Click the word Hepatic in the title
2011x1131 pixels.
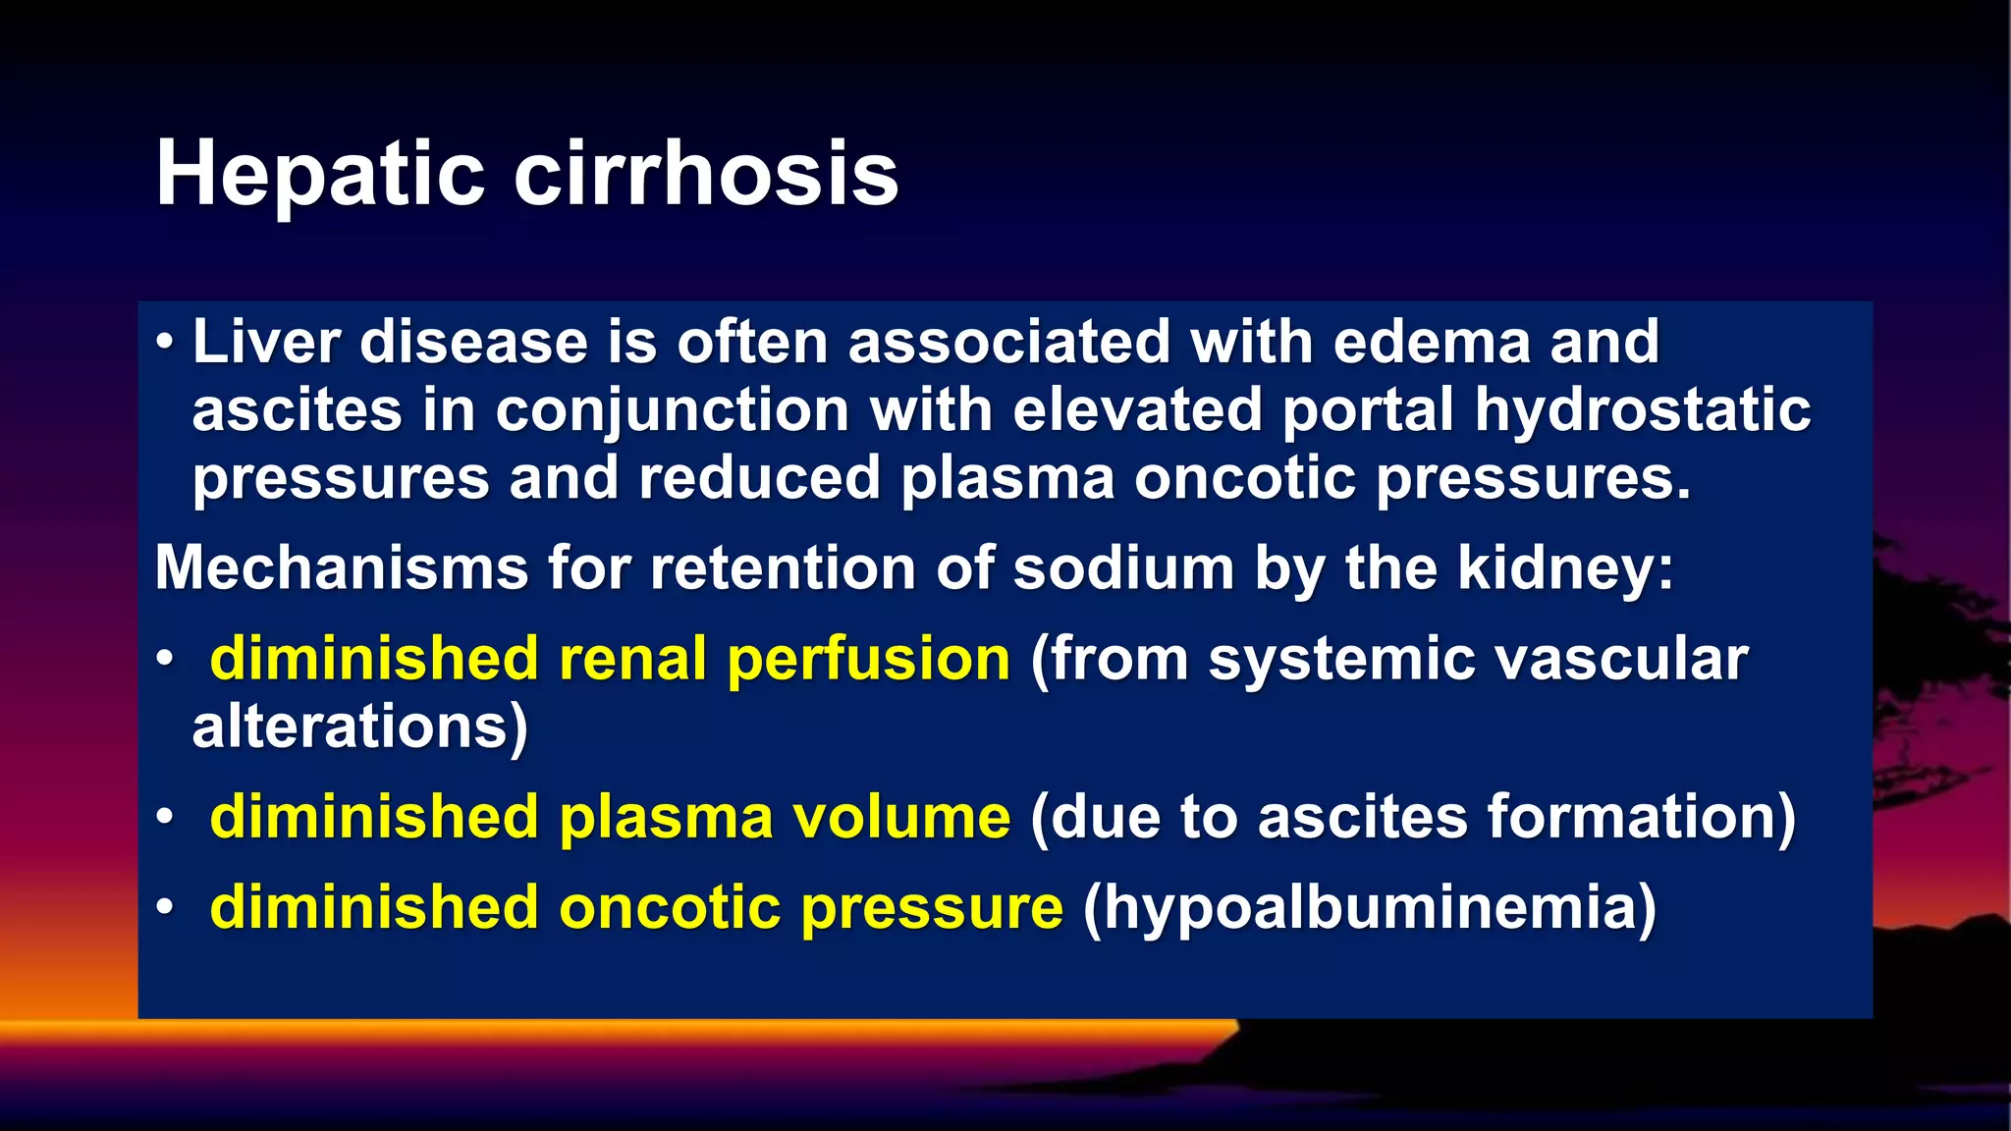(320, 174)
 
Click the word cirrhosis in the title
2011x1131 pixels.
(705, 174)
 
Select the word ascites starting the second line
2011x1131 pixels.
(297, 410)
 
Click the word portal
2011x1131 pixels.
(1367, 410)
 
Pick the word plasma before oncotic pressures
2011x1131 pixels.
(1007, 479)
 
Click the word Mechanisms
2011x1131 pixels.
(342, 568)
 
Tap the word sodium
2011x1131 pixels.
(1122, 568)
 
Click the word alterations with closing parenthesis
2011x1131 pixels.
(359, 727)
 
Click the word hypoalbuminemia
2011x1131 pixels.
(1369, 908)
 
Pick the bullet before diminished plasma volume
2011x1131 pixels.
(165, 817)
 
